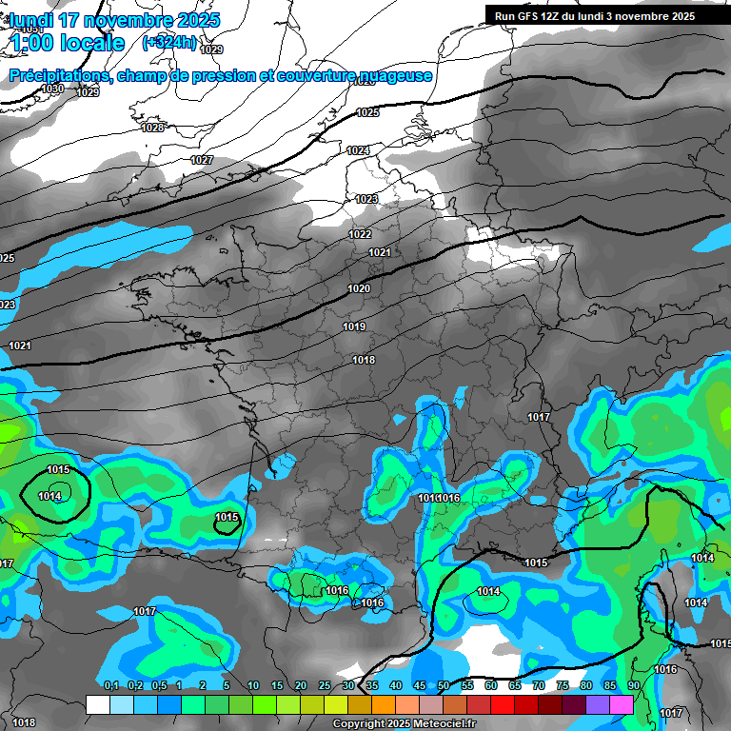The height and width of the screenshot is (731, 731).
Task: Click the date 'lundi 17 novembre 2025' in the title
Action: (114, 20)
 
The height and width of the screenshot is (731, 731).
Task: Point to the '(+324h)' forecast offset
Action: (169, 43)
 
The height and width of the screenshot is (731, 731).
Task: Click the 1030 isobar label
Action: (52, 89)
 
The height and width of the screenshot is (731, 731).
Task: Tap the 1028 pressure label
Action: (152, 128)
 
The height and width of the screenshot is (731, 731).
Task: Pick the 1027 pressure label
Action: (202, 160)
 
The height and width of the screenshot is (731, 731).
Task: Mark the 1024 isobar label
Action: (358, 150)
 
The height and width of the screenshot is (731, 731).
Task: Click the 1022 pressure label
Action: (360, 234)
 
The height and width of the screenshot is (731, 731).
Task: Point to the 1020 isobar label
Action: (359, 288)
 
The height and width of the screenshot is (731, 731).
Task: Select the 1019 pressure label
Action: (354, 326)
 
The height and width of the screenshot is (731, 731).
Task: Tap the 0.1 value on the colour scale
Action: (111, 686)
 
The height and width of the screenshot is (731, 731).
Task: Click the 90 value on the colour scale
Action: (633, 686)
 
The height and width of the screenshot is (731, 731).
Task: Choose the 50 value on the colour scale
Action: (444, 686)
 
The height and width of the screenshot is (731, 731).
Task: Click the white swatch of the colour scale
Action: (97, 704)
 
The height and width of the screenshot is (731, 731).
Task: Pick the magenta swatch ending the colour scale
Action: (622, 704)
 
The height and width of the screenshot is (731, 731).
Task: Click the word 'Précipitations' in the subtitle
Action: (60, 75)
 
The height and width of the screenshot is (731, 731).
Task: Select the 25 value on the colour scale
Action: (325, 686)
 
